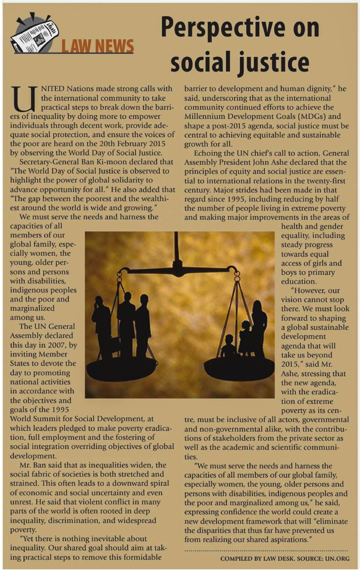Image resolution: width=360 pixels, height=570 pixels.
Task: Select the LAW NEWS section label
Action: pyautogui.click(x=97, y=46)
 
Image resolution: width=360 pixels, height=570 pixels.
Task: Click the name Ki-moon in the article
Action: pyautogui.click(x=108, y=162)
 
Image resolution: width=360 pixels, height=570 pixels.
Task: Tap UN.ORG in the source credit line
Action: pyautogui.click(x=337, y=558)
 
